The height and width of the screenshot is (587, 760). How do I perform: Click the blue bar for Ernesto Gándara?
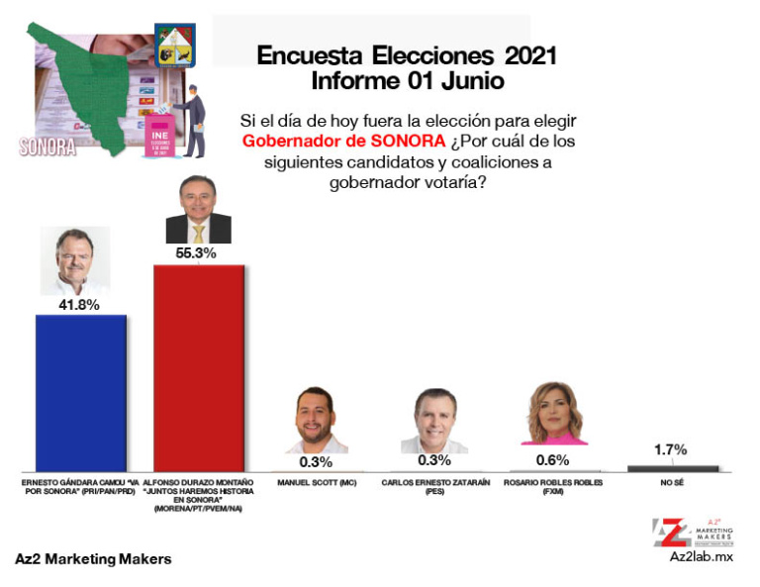[80, 392]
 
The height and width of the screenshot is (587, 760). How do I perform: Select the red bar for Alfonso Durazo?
[198, 367]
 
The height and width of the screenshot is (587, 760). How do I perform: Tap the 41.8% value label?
[80, 305]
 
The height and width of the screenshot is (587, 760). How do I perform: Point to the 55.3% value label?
[196, 253]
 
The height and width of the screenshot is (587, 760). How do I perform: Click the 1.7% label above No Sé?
[673, 449]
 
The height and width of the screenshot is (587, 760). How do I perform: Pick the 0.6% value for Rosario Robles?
[552, 459]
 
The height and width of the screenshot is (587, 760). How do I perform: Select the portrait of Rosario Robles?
[553, 414]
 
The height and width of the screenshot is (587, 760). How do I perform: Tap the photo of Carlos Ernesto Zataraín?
[434, 420]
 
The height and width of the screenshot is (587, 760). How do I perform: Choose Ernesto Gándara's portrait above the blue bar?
[80, 259]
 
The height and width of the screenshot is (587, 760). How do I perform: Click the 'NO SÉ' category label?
[673, 483]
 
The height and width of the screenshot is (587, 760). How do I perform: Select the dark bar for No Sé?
[673, 467]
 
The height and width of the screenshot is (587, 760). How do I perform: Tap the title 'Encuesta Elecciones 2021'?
[407, 56]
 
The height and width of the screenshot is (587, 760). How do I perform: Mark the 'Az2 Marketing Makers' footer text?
[93, 559]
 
